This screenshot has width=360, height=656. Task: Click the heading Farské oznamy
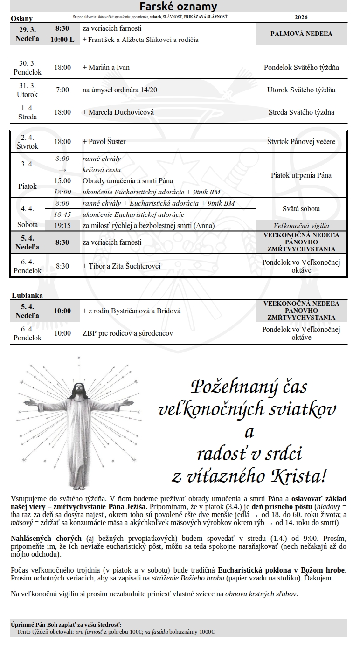(x=179, y=6)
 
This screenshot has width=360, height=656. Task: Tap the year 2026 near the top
(x=302, y=17)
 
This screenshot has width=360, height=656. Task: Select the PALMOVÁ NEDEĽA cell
(x=301, y=34)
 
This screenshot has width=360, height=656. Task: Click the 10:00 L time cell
(x=62, y=40)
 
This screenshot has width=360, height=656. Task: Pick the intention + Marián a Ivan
(x=106, y=68)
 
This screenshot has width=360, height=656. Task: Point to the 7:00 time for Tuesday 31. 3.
(x=62, y=90)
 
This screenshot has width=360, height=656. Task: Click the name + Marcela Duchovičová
(x=118, y=112)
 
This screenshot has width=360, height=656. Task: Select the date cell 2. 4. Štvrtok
(x=28, y=142)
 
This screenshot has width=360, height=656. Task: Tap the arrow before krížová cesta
(x=62, y=170)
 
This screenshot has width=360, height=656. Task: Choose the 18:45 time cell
(x=62, y=214)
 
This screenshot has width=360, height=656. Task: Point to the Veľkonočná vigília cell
(x=301, y=226)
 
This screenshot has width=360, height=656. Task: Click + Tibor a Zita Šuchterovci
(x=121, y=266)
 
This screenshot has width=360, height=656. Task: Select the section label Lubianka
(x=27, y=295)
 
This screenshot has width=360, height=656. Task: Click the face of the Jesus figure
(x=81, y=389)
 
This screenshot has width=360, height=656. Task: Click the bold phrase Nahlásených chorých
(x=46, y=539)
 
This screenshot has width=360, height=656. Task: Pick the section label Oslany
(x=21, y=19)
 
